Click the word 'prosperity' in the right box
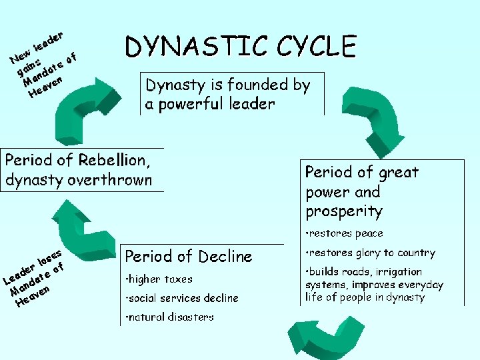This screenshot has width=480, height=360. [x=344, y=211]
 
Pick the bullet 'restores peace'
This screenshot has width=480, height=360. [x=344, y=233]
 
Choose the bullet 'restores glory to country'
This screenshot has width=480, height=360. [x=370, y=253]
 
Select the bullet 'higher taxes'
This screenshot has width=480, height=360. [x=159, y=279]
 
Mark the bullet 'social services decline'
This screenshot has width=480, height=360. [x=181, y=298]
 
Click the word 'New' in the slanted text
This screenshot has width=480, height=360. [x=21, y=58]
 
